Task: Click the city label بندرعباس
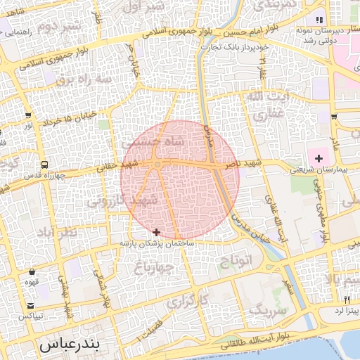[70, 345]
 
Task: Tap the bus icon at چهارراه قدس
[45, 165]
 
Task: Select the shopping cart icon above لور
[28, 116]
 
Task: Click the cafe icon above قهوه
[32, 272]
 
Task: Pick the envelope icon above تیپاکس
[32, 304]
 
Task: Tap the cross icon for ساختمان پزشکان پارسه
[156, 232]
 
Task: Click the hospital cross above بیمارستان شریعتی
[319, 158]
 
